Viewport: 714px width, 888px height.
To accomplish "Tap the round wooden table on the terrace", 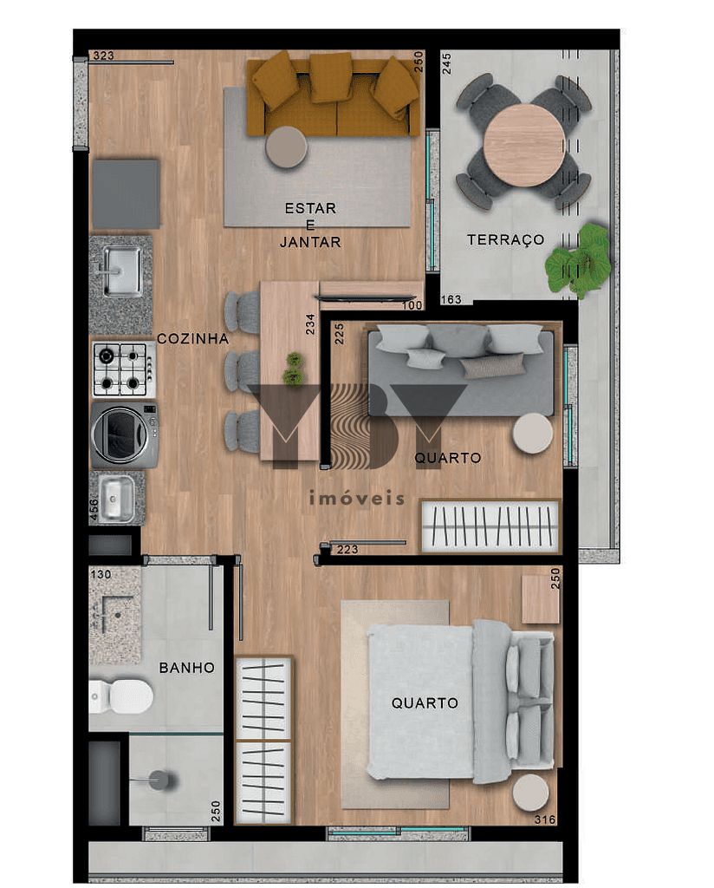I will click(523, 145).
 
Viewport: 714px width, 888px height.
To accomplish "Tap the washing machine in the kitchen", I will click(125, 434).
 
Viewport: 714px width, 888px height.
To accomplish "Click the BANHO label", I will click(186, 668).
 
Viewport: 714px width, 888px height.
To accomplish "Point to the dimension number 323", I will click(103, 55).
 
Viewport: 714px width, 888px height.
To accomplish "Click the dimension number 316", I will click(545, 819).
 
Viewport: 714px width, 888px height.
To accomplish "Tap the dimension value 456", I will click(94, 511).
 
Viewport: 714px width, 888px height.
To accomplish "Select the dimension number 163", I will click(451, 300).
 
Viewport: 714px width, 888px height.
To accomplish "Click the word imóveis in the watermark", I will click(356, 498).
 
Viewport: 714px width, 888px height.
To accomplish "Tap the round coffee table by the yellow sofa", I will click(286, 147).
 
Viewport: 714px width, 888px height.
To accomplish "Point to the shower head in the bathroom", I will click(159, 780).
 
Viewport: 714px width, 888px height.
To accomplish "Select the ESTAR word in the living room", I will click(310, 208).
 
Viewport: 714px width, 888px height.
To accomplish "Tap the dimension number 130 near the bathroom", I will click(101, 574).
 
